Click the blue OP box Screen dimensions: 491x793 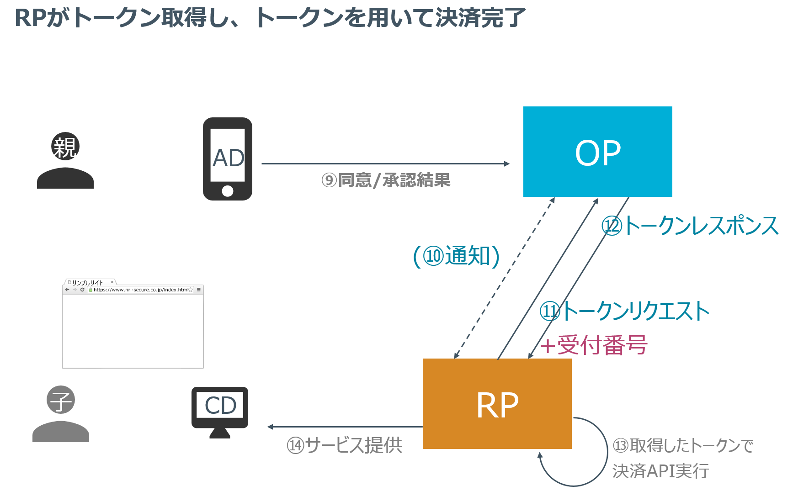(x=597, y=152)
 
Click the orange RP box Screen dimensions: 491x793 (x=497, y=404)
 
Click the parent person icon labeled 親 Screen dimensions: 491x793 (x=65, y=161)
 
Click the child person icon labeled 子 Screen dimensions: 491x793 (x=60, y=414)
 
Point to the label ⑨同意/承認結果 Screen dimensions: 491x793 (x=386, y=180)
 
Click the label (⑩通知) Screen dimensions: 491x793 (x=456, y=256)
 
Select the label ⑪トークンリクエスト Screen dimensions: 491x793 (x=624, y=311)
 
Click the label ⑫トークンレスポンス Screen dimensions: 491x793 (x=690, y=226)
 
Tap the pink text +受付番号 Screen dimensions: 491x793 (x=593, y=345)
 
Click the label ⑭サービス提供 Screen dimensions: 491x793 (x=345, y=445)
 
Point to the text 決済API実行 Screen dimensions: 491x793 (x=660, y=471)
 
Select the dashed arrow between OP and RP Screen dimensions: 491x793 (x=504, y=278)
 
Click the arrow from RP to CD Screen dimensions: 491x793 (x=345, y=427)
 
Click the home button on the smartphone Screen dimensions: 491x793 (x=228, y=191)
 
